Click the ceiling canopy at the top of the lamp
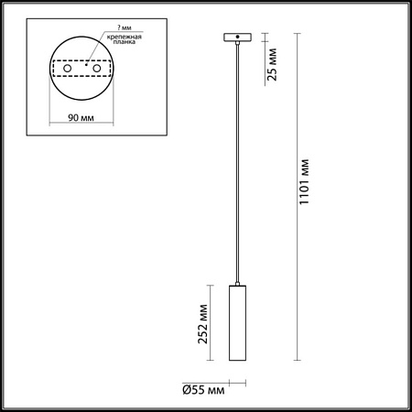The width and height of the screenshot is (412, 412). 237,38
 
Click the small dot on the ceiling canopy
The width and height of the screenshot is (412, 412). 237,38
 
